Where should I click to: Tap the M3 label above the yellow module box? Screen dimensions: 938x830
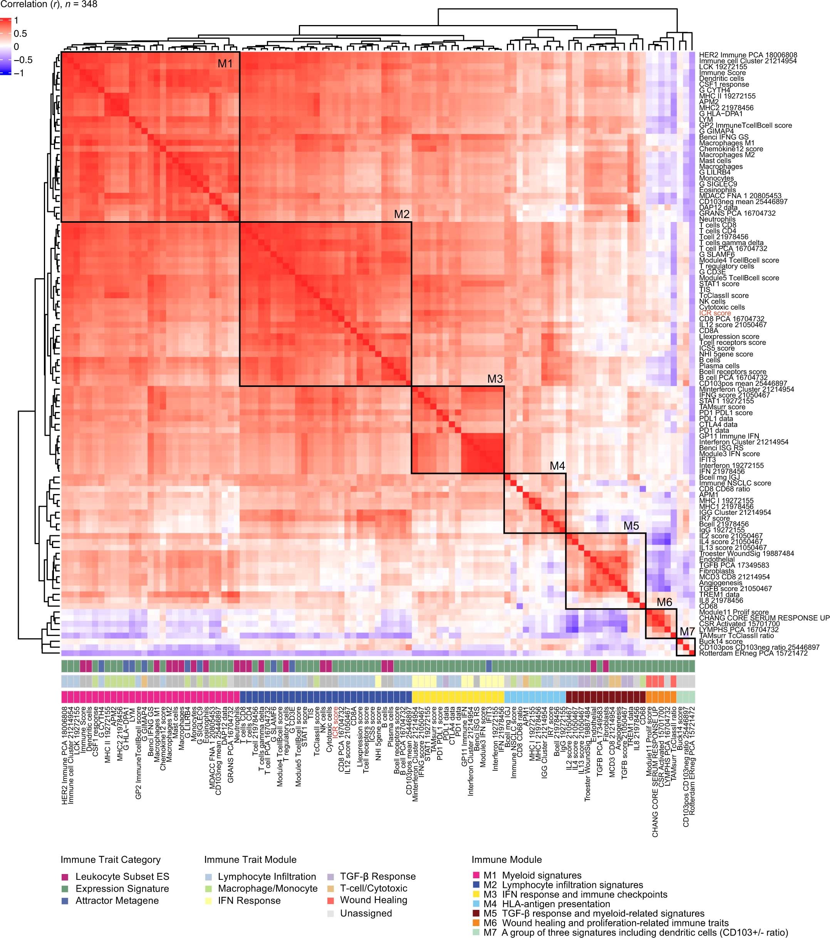pyautogui.click(x=495, y=379)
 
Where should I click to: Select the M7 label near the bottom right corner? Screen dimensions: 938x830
pyautogui.click(x=687, y=632)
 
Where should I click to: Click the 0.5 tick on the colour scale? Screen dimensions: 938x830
pyautogui.click(x=20, y=34)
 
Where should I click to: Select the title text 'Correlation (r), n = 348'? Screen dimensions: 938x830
pyautogui.click(x=49, y=5)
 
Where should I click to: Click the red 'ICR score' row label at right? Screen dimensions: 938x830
pyautogui.click(x=715, y=313)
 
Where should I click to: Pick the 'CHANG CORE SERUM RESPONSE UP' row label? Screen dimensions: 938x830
pyautogui.click(x=764, y=618)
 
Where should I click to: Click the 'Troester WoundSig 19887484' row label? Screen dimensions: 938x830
pyautogui.click(x=746, y=553)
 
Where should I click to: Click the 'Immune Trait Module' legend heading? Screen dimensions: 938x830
pyautogui.click(x=250, y=859)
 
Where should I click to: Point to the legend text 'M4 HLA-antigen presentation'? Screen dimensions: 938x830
pyautogui.click(x=547, y=904)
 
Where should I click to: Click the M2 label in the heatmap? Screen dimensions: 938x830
pyautogui.click(x=402, y=214)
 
